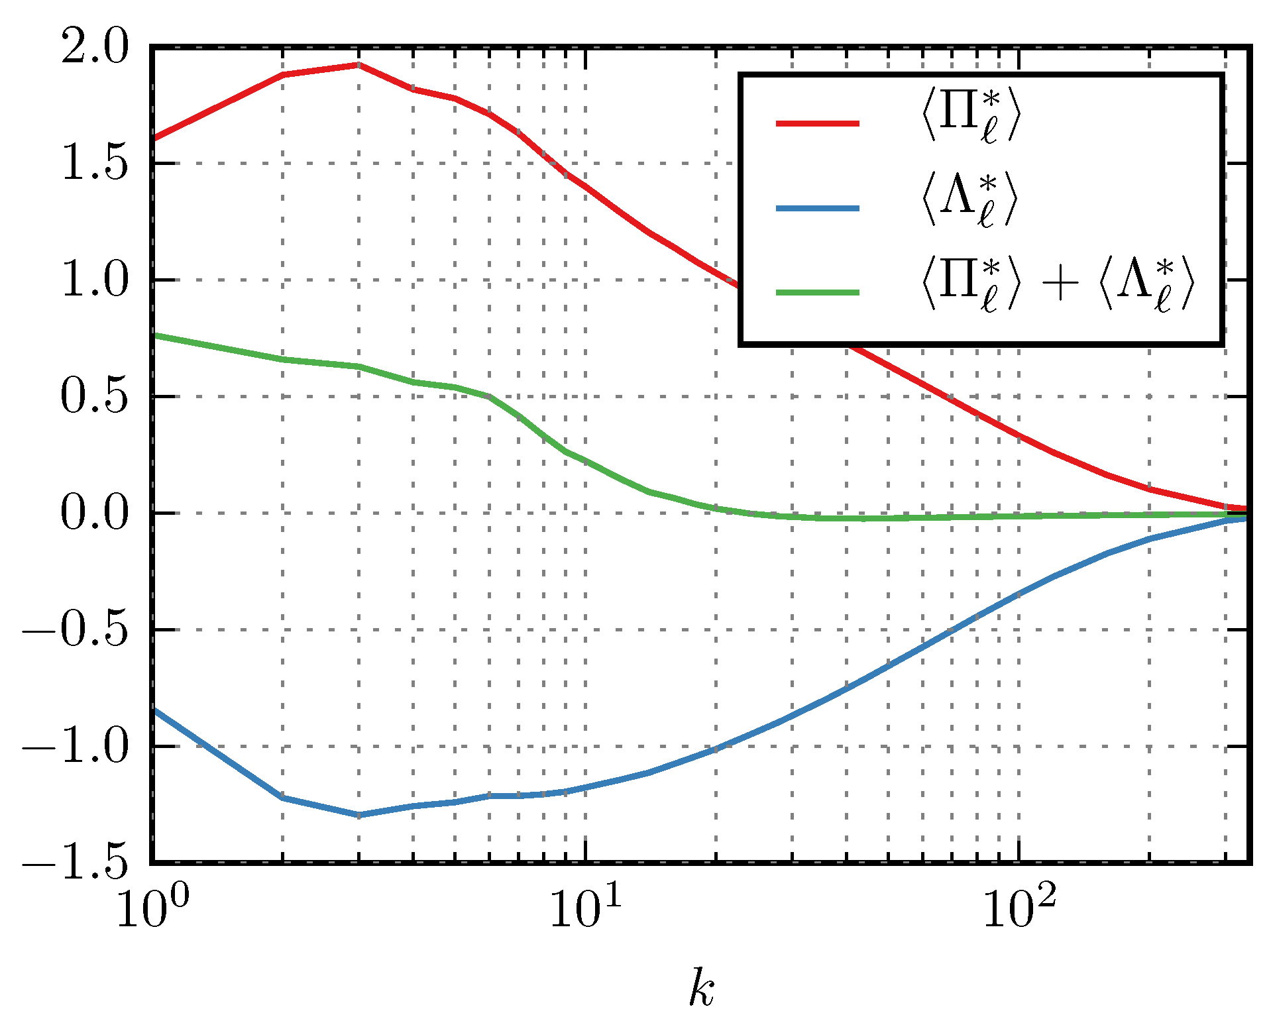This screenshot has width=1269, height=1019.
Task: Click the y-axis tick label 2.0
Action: [x=93, y=48]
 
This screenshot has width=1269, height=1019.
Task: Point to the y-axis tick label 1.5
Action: [x=93, y=164]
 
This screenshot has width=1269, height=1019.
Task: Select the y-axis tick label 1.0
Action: [x=93, y=280]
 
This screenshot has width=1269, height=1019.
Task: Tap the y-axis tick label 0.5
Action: [x=93, y=397]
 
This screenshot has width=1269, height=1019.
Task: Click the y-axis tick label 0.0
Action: [x=93, y=513]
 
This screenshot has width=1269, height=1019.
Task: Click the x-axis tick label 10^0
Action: [x=152, y=908]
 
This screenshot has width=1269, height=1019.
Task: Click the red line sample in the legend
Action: [x=818, y=123]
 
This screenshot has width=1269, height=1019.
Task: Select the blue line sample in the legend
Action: [x=818, y=208]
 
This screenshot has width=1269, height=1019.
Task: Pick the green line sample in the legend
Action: [x=818, y=292]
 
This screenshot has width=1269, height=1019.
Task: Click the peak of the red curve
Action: [x=358, y=65]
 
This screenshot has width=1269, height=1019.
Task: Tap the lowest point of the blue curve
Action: [x=359, y=815]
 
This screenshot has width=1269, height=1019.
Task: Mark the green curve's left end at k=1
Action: [x=154, y=335]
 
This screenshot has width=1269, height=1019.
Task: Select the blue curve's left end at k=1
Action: [x=154, y=710]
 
